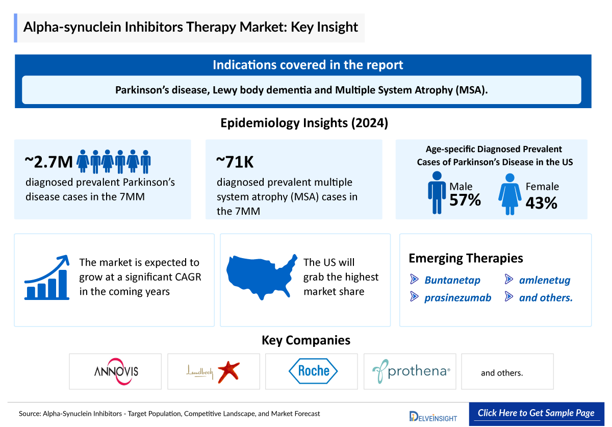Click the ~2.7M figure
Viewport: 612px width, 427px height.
point(49,162)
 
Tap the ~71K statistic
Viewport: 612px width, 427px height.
point(235,162)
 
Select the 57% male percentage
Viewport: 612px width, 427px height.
point(465,200)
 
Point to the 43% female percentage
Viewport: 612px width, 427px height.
point(541,203)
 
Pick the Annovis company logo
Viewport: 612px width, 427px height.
point(116,371)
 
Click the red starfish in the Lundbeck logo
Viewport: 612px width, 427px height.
point(228,372)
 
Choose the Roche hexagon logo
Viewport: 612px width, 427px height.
point(313,371)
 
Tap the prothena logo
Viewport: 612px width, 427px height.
point(411,371)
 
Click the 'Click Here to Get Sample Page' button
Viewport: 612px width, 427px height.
point(536,413)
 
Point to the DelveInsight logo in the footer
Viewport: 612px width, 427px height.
point(433,416)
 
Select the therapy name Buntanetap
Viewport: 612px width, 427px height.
point(452,280)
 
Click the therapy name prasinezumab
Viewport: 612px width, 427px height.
point(457,298)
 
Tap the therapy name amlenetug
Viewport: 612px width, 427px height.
point(544,280)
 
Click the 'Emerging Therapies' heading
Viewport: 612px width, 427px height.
point(466,258)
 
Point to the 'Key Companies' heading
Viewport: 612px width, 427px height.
point(306,340)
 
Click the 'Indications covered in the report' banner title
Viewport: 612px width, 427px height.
point(308,65)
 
